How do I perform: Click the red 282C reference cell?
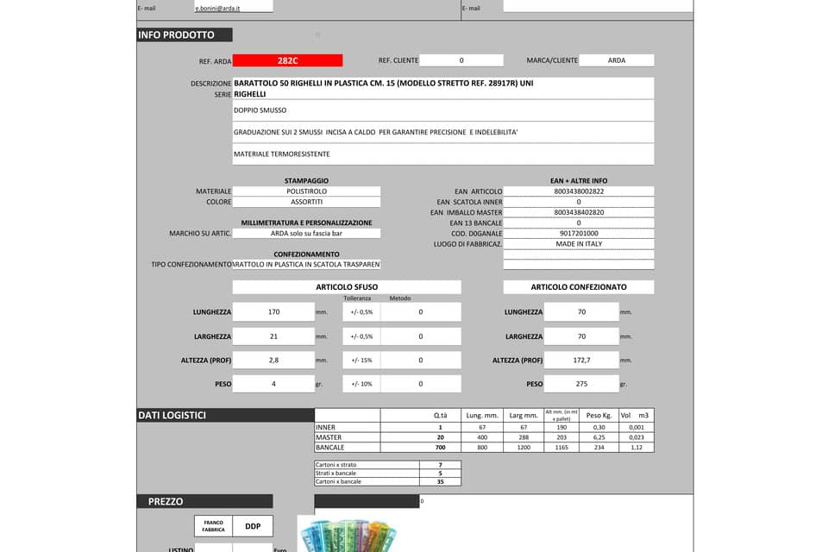click(287, 60)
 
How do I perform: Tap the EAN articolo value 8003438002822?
click(579, 191)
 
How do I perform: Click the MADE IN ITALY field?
click(579, 244)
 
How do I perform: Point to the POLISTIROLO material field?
click(306, 191)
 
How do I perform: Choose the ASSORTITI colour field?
click(306, 202)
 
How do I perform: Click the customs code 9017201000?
click(579, 234)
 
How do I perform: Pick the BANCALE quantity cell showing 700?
click(440, 448)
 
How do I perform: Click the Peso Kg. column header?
click(599, 416)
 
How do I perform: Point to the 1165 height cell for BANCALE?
click(561, 448)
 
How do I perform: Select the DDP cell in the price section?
click(253, 525)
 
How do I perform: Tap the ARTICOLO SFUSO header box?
click(347, 287)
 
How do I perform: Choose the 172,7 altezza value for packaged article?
click(581, 361)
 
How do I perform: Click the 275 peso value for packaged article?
click(581, 384)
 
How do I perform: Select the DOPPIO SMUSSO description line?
click(442, 110)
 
